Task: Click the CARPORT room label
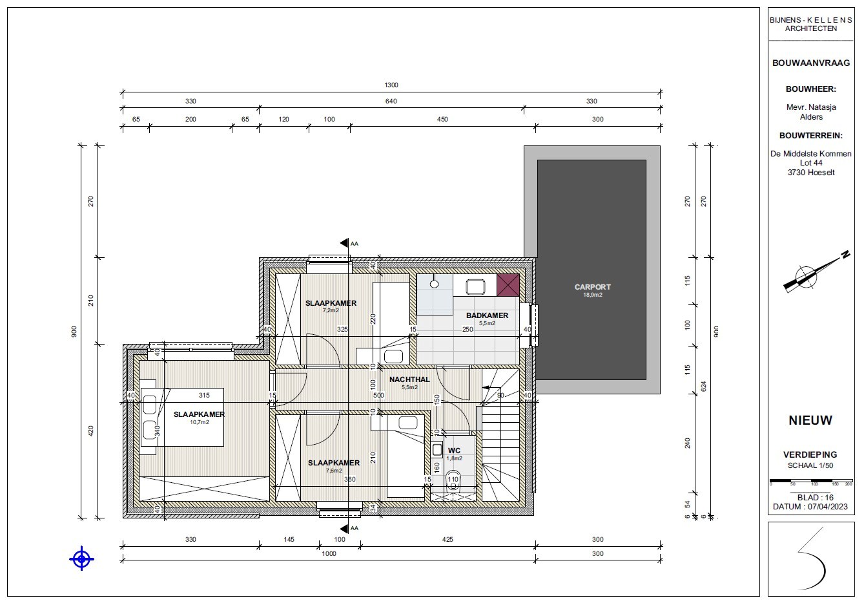(592, 286)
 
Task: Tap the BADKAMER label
(487, 315)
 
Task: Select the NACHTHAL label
(409, 379)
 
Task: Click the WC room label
(454, 451)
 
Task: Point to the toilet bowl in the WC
(453, 481)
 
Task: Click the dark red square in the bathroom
(508, 284)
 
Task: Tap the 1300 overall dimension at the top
(391, 85)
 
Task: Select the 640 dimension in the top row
(391, 101)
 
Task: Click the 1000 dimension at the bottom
(329, 553)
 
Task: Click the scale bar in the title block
(811, 482)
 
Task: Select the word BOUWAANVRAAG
(811, 63)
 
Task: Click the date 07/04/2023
(827, 507)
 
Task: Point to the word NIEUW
(810, 420)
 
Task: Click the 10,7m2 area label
(199, 422)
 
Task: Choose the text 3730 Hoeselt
(811, 173)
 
